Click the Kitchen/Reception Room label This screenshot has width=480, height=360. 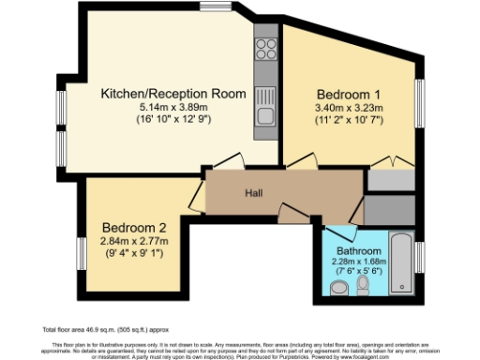tap(173, 94)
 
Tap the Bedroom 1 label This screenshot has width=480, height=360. tap(349, 95)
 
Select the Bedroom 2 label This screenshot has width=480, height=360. tap(134, 227)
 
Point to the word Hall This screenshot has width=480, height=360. tap(253, 194)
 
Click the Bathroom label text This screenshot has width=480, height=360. tap(360, 252)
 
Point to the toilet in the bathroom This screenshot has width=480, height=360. tap(363, 292)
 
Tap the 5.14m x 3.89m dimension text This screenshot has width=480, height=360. tap(173, 109)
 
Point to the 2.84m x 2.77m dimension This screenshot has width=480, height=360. tap(134, 241)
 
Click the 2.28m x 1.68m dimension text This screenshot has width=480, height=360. tap(360, 262)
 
